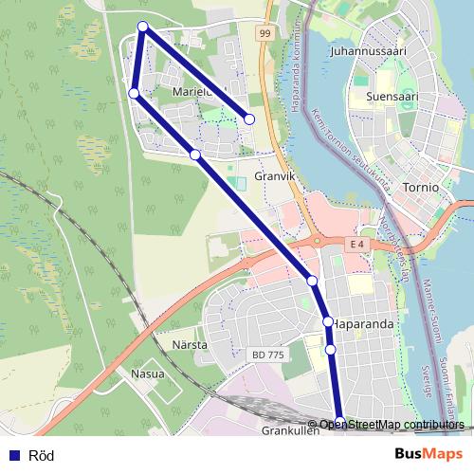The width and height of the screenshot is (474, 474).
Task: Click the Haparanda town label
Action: (364, 322)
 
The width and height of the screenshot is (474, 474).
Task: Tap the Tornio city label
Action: (420, 187)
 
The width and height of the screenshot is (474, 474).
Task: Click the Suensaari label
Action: (391, 96)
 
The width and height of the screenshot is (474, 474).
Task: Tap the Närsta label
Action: (190, 345)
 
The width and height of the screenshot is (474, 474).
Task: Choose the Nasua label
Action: (147, 374)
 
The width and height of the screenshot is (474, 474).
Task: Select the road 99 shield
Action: (265, 33)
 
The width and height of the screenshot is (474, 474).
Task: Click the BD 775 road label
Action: (269, 354)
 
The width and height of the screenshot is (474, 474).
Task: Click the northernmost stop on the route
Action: (142, 27)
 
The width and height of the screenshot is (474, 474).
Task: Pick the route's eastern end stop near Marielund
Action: (249, 119)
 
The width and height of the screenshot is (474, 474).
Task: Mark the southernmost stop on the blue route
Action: (340, 422)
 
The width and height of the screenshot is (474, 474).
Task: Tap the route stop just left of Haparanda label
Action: (328, 322)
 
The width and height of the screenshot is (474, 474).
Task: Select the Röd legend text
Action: (42, 455)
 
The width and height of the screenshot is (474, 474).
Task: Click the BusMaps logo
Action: (428, 454)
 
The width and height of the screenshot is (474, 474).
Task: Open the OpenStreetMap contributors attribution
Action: (392, 425)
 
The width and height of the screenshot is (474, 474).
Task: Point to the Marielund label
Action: (197, 92)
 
